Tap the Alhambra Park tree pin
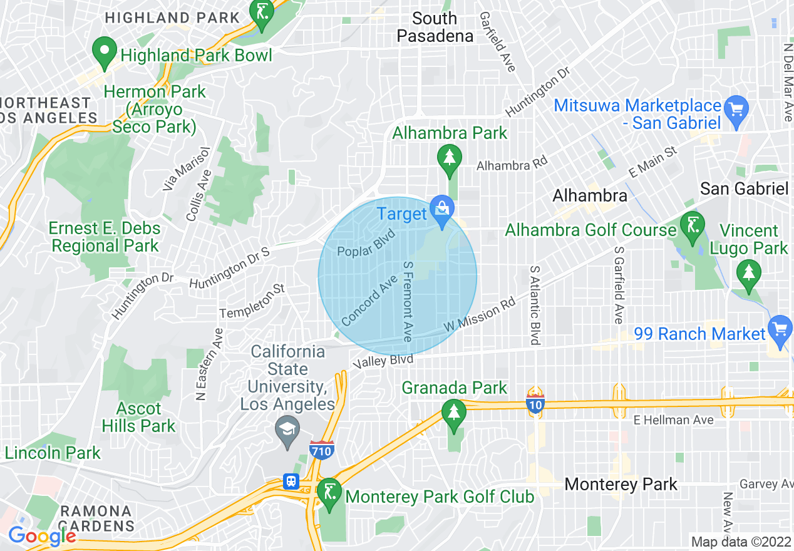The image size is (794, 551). click(x=449, y=158)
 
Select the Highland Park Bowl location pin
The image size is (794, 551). click(x=104, y=50)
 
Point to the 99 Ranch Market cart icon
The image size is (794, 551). click(x=779, y=329)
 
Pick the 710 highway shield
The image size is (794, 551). click(x=321, y=449)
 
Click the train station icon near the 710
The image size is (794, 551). click(x=291, y=481)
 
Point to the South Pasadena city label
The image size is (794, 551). click(x=435, y=27)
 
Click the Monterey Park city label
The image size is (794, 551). click(x=621, y=484)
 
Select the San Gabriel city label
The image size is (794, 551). click(x=743, y=188)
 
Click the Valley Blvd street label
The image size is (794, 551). click(x=383, y=361)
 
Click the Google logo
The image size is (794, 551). click(x=42, y=535)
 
